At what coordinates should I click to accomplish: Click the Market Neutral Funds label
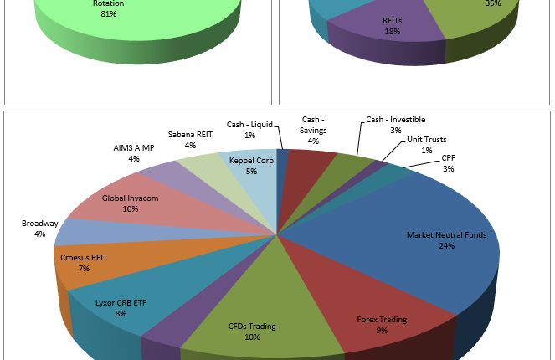pyautogui.click(x=446, y=234)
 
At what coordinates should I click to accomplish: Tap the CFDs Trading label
pyautogui.click(x=252, y=326)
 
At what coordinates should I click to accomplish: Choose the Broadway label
pyautogui.click(x=40, y=224)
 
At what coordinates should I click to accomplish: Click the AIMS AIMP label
pyautogui.click(x=134, y=148)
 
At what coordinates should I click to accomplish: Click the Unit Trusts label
pyautogui.click(x=426, y=139)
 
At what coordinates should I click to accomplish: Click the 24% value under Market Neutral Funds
pyautogui.click(x=446, y=246)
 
